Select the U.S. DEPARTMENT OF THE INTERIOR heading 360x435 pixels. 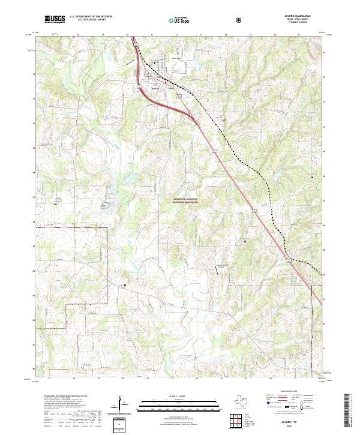(92, 17)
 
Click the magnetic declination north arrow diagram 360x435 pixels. (123, 403)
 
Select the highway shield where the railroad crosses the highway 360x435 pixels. (290, 260)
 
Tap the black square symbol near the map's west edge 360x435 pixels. (58, 203)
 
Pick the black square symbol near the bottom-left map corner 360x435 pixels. (82, 367)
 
